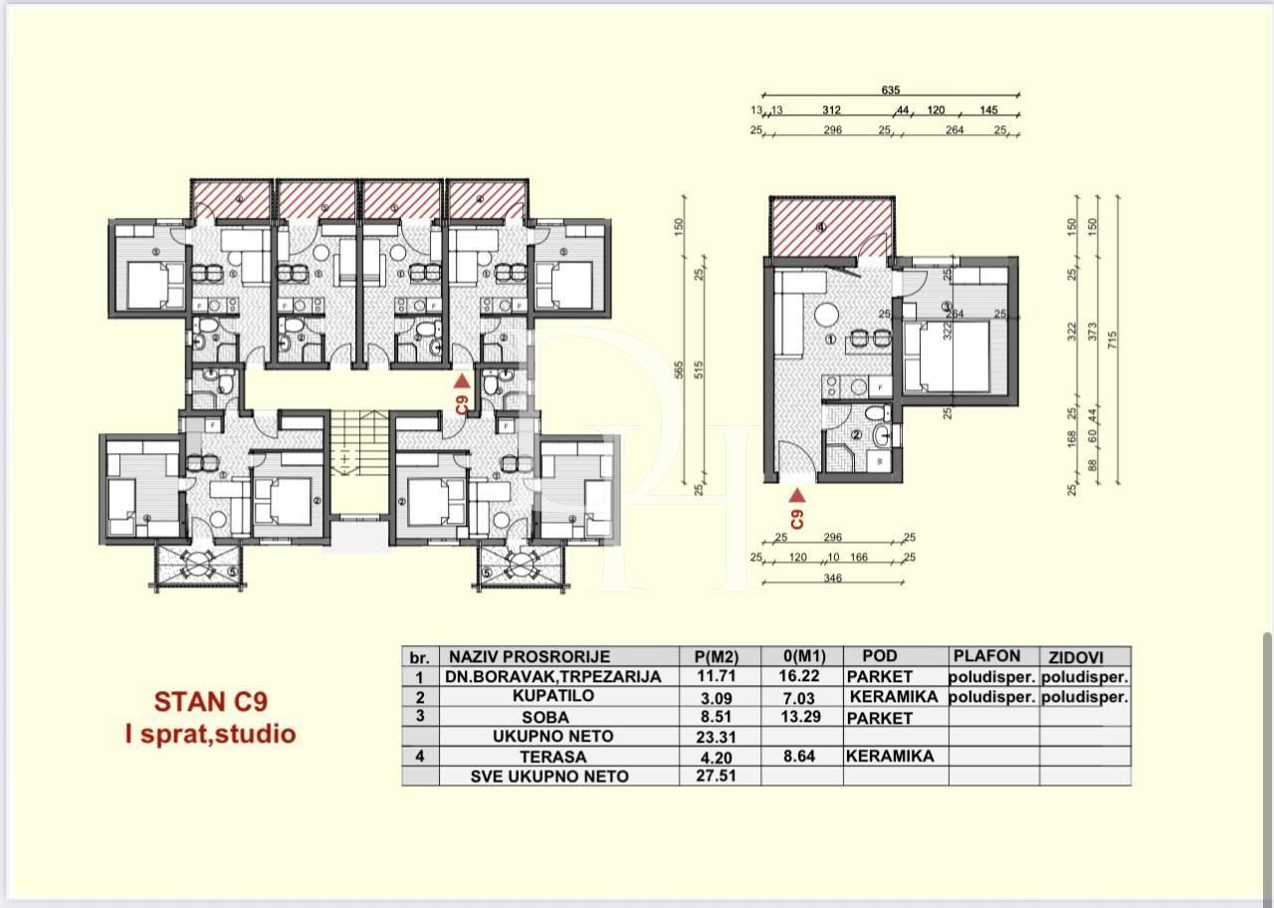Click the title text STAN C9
click(210, 701)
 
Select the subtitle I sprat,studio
click(210, 734)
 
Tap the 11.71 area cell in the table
click(715, 676)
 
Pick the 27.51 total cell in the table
click(715, 776)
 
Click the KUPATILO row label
click(558, 696)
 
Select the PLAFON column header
click(986, 656)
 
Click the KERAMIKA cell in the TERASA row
click(890, 756)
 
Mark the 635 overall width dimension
click(891, 90)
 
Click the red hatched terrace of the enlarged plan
click(832, 226)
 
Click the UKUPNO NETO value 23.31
click(715, 737)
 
